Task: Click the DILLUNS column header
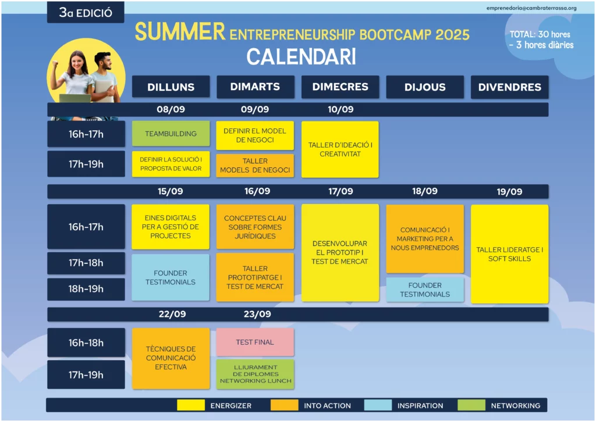point(171,87)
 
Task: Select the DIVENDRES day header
point(509,87)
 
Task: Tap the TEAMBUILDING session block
point(171,134)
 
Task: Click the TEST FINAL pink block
point(255,342)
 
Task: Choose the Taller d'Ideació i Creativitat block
point(340,149)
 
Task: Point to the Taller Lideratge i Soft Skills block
point(509,254)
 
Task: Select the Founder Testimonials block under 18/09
point(425,289)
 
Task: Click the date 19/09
point(509,192)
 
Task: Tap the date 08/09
point(171,109)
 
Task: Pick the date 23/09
point(257,314)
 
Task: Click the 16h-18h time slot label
point(86,343)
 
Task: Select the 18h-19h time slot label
point(86,289)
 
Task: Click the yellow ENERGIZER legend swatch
point(191,405)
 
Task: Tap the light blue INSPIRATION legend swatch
point(378,405)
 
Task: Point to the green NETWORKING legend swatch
point(471,405)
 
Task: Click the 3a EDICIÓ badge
point(86,13)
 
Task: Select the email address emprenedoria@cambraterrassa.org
point(531,8)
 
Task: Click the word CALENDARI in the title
point(301,57)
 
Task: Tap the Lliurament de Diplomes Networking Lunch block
point(255,374)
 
